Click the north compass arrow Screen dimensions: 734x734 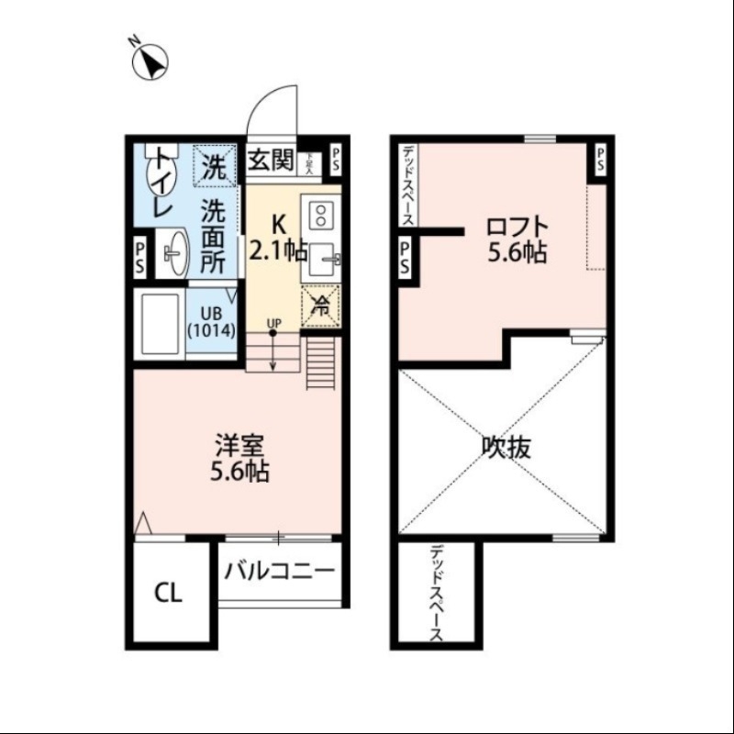coord(150,61)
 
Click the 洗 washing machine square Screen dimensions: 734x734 coord(214,167)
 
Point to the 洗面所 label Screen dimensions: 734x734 coord(213,235)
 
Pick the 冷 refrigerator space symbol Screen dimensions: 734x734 coord(321,306)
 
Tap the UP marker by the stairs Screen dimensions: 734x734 coord(272,323)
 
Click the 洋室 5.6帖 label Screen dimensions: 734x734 coord(241,459)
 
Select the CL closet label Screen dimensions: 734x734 coord(167,593)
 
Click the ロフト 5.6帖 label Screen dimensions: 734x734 coord(517,239)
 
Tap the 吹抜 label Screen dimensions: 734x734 coord(506,447)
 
